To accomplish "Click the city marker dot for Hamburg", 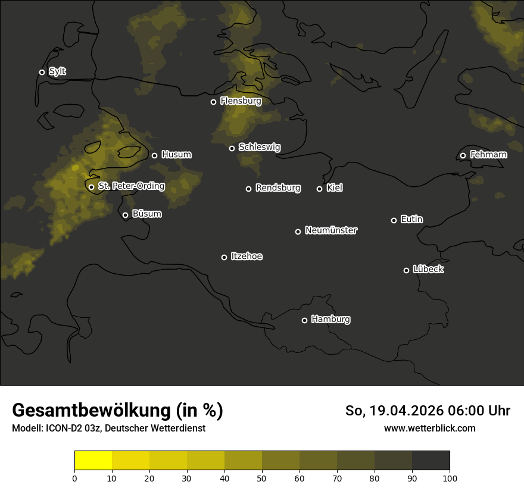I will click(304, 320).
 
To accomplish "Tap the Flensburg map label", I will click(241, 101).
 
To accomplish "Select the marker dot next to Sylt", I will click(42, 72).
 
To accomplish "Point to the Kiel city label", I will click(335, 188).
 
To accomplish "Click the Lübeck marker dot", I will click(406, 270).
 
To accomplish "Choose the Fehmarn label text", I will click(488, 155).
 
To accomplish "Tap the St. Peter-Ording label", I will click(131, 186).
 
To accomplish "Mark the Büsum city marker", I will click(125, 215).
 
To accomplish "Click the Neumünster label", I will click(331, 230).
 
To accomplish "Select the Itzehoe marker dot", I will click(224, 257).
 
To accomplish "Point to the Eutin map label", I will click(411, 220).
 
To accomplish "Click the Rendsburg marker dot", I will click(248, 189).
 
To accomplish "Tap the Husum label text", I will click(176, 155).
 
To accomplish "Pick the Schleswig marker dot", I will click(232, 148).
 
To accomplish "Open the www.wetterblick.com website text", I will click(429, 428).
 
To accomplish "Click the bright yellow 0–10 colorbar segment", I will click(93, 461).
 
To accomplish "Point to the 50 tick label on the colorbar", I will click(262, 478).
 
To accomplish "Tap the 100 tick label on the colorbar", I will click(450, 478).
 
